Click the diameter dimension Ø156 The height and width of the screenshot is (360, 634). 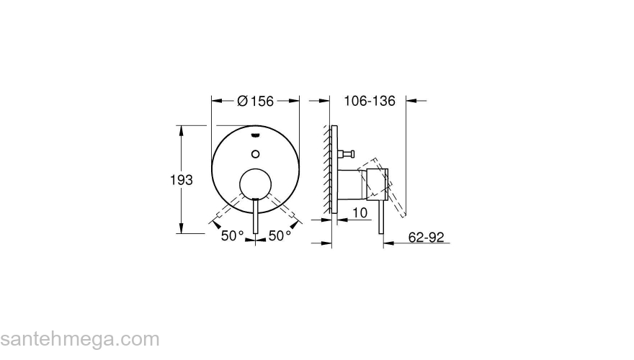pos(255,102)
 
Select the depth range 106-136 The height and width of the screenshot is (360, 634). pos(370,102)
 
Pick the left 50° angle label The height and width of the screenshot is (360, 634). pos(233,235)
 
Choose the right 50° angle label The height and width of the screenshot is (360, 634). pos(280,235)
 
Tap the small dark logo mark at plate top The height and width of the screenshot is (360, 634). pos(255,134)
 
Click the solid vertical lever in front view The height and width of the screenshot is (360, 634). pos(255,220)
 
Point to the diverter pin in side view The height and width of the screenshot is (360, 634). pos(348,153)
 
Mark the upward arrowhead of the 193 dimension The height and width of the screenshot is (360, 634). pos(180,130)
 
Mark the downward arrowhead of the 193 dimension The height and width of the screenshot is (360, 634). pos(180,229)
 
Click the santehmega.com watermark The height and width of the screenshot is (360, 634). pos(79,338)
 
